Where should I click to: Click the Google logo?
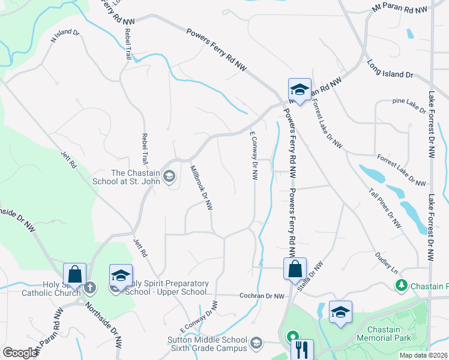(x=20, y=353)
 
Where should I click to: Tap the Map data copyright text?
(x=424, y=355)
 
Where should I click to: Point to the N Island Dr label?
(x=65, y=37)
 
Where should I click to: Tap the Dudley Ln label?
(x=387, y=263)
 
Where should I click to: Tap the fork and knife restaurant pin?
(x=302, y=349)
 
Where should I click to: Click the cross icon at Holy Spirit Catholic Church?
(x=90, y=287)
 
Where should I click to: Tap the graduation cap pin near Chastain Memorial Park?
(x=340, y=311)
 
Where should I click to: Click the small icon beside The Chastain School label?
(x=170, y=176)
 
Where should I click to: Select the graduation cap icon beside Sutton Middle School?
(x=256, y=343)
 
